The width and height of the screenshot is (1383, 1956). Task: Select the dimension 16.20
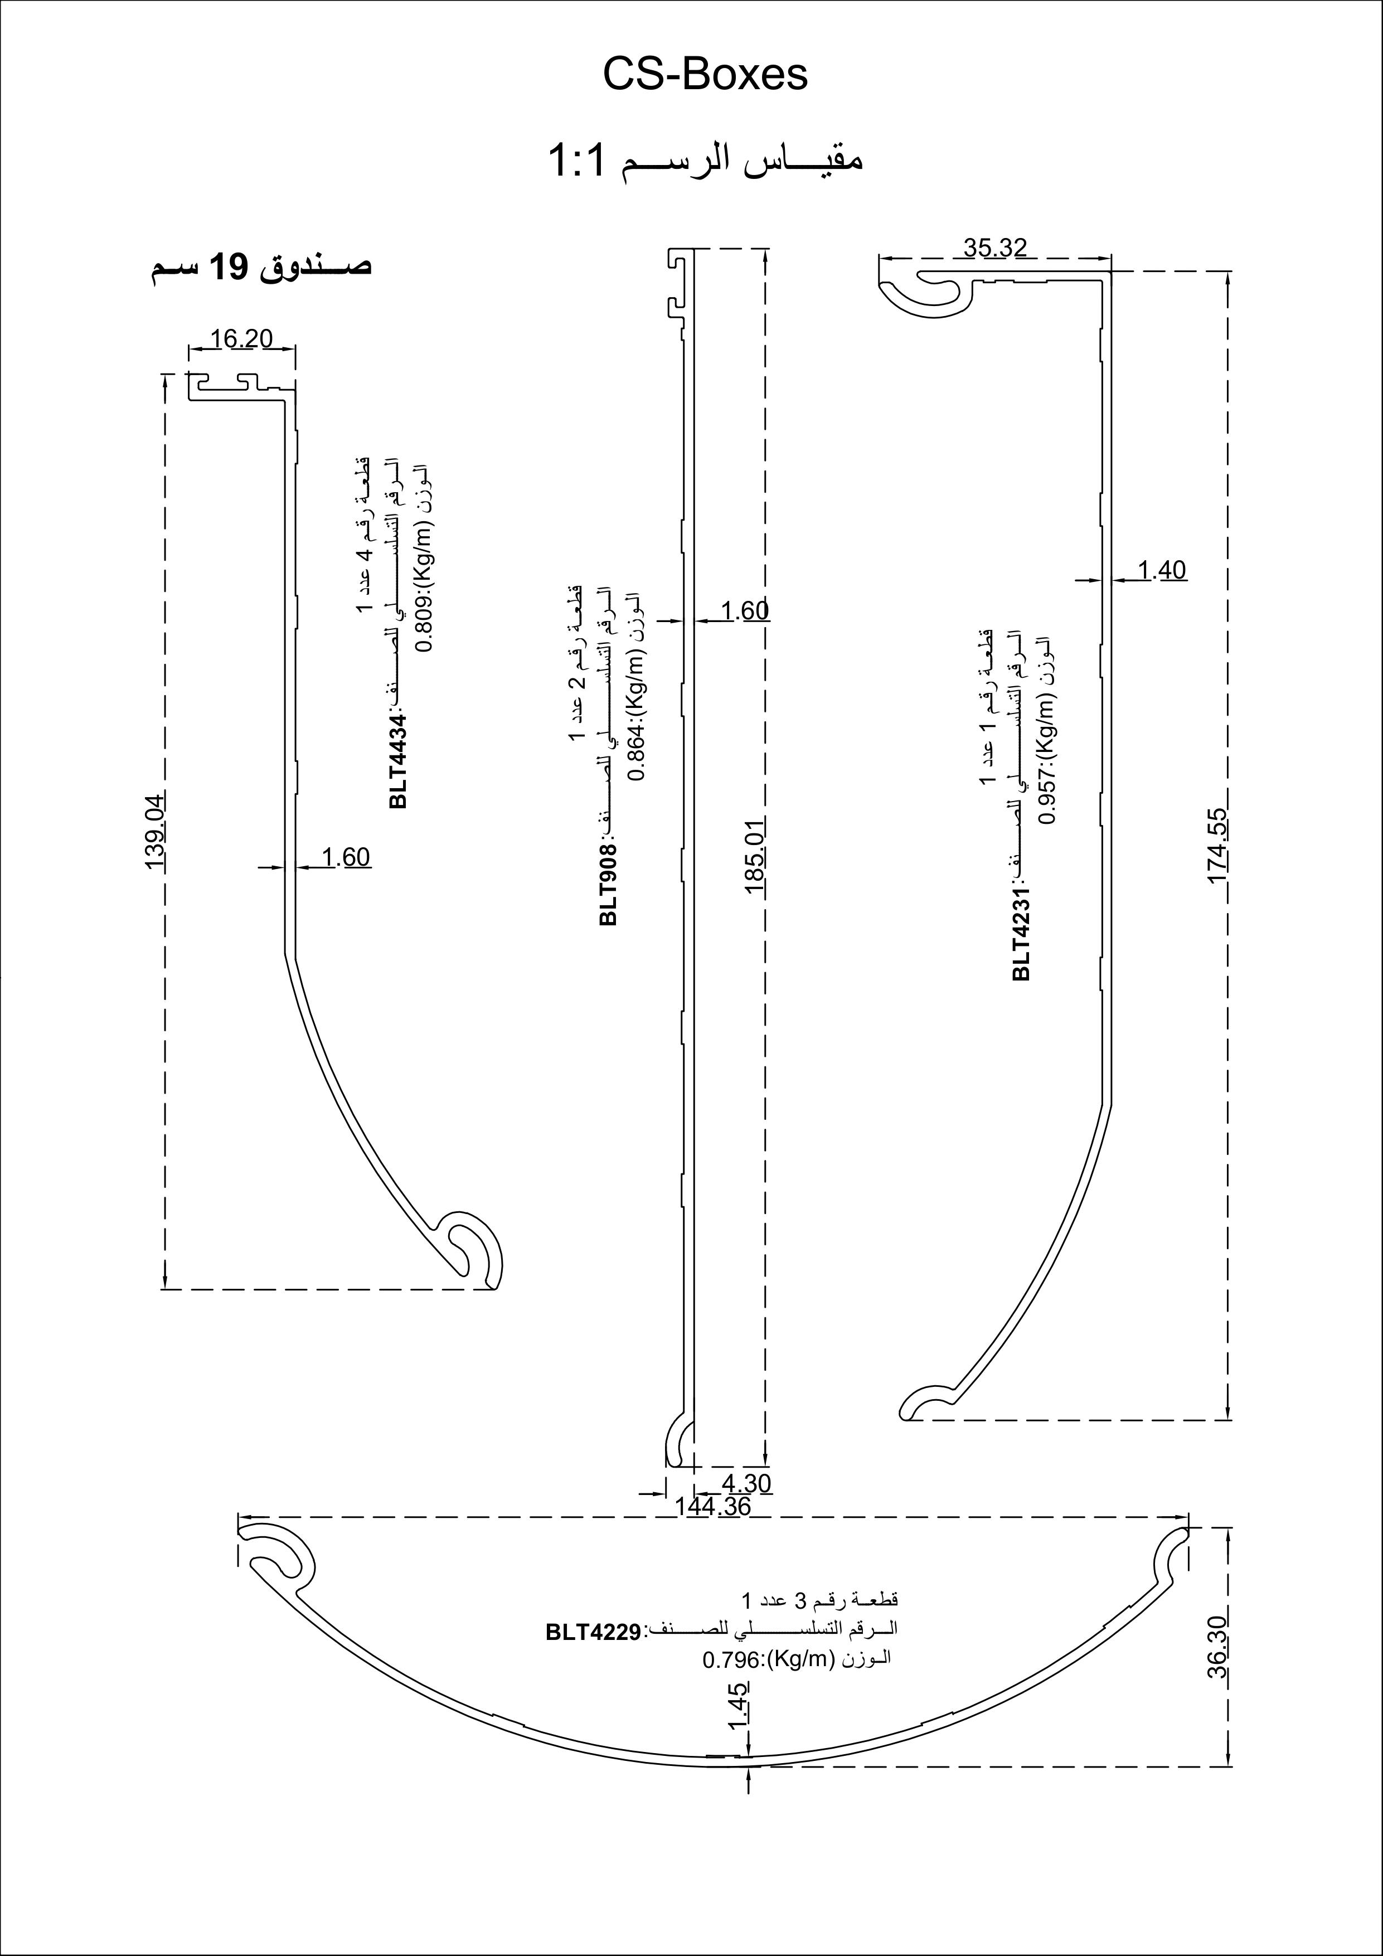click(x=241, y=339)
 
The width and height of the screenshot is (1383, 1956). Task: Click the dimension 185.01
click(x=756, y=855)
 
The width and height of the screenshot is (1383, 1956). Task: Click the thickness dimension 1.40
click(x=1162, y=570)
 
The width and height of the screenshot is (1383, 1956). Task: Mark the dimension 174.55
click(x=1217, y=846)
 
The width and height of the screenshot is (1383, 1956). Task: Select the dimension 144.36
click(x=712, y=1506)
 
